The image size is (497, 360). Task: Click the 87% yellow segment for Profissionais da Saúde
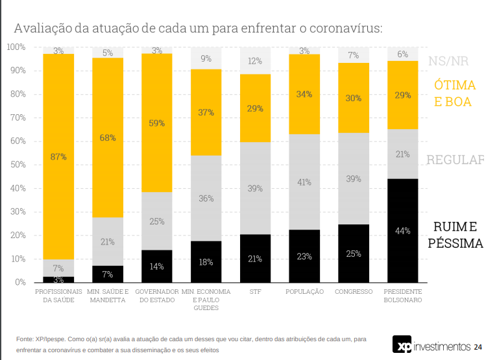click(58, 156)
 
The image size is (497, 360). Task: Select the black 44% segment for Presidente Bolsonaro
click(402, 230)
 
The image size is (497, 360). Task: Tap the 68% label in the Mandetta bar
click(108, 138)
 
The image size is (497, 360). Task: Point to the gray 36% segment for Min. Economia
click(206, 198)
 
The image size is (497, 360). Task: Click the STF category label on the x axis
click(255, 292)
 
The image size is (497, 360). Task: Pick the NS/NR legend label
click(448, 62)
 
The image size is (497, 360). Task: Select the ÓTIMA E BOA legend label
click(454, 93)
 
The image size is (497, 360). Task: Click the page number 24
click(478, 346)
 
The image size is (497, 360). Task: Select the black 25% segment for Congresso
click(353, 253)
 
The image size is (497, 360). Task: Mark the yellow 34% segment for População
click(304, 94)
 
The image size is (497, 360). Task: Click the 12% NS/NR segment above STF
click(255, 61)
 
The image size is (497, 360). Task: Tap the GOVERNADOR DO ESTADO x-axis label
click(157, 296)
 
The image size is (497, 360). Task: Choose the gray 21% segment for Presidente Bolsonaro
click(402, 154)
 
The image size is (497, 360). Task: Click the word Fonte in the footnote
click(25, 339)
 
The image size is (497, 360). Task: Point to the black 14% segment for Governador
click(157, 266)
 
